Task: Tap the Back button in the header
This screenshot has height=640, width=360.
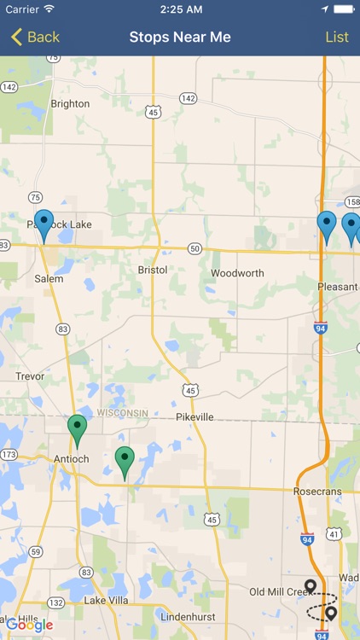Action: pyautogui.click(x=35, y=37)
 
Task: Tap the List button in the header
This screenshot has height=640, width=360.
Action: pyautogui.click(x=337, y=37)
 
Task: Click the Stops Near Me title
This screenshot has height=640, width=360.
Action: pyautogui.click(x=180, y=37)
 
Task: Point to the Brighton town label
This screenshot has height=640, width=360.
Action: pyautogui.click(x=70, y=104)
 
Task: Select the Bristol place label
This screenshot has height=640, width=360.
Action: pyautogui.click(x=153, y=270)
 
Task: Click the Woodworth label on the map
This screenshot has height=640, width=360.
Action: pyautogui.click(x=237, y=274)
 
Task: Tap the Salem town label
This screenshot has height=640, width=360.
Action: pyautogui.click(x=49, y=279)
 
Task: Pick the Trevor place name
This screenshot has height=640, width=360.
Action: pyautogui.click(x=30, y=376)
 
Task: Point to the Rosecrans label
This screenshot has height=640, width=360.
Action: pyautogui.click(x=318, y=491)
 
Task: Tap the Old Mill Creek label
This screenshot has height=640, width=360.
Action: pyautogui.click(x=276, y=592)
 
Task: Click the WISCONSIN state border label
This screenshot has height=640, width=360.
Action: pyautogui.click(x=122, y=413)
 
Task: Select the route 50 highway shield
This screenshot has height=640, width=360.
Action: pyautogui.click(x=195, y=248)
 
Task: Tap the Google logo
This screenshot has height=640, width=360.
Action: pyautogui.click(x=29, y=625)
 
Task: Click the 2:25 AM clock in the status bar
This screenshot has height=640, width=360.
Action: pyautogui.click(x=180, y=9)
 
